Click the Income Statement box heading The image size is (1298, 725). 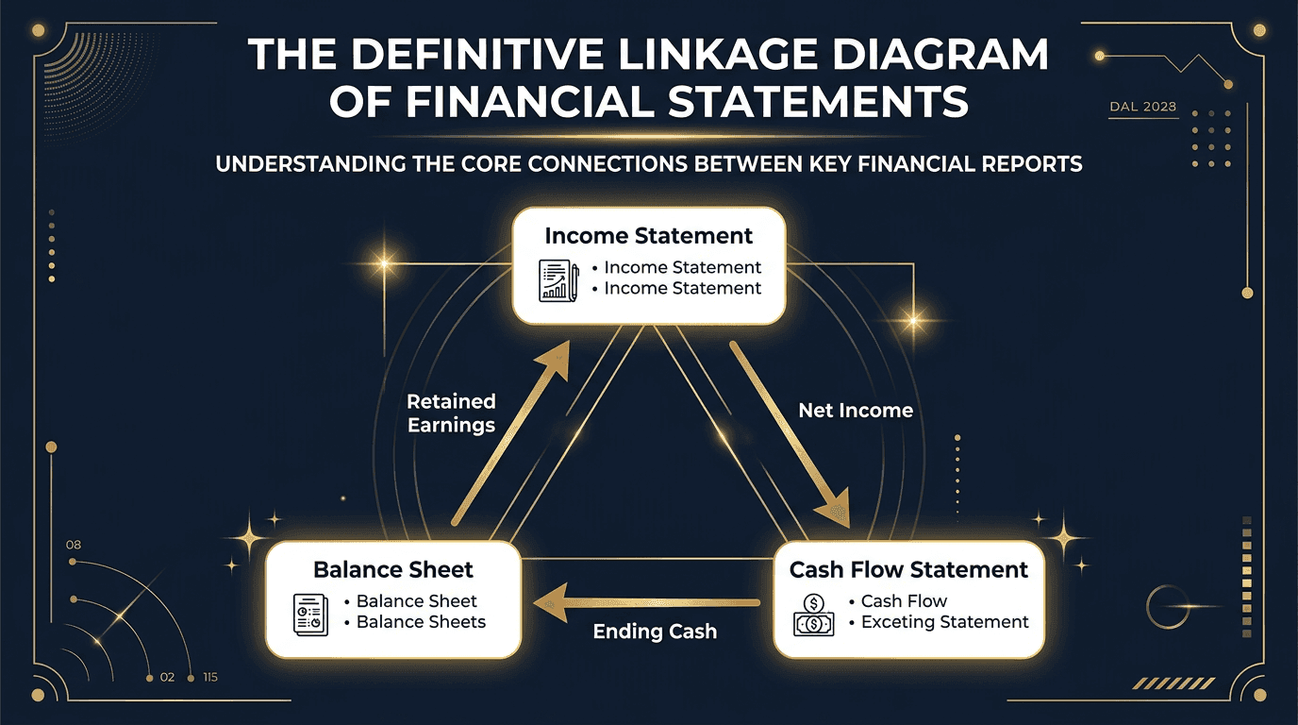(649, 236)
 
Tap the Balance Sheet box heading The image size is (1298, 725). (392, 570)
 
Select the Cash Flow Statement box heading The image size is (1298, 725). (908, 570)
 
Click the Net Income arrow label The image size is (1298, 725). (856, 411)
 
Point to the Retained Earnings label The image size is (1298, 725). (451, 413)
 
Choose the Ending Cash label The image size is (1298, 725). (655, 632)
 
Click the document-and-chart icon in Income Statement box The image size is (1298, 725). (558, 280)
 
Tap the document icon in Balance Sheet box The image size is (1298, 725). (310, 614)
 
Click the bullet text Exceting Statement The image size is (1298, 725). (944, 622)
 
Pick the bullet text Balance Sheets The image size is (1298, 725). (421, 622)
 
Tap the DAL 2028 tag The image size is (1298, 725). (1142, 107)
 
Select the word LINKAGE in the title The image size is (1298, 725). (727, 55)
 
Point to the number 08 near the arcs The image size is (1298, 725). (74, 546)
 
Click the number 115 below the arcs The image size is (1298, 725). (209, 678)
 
